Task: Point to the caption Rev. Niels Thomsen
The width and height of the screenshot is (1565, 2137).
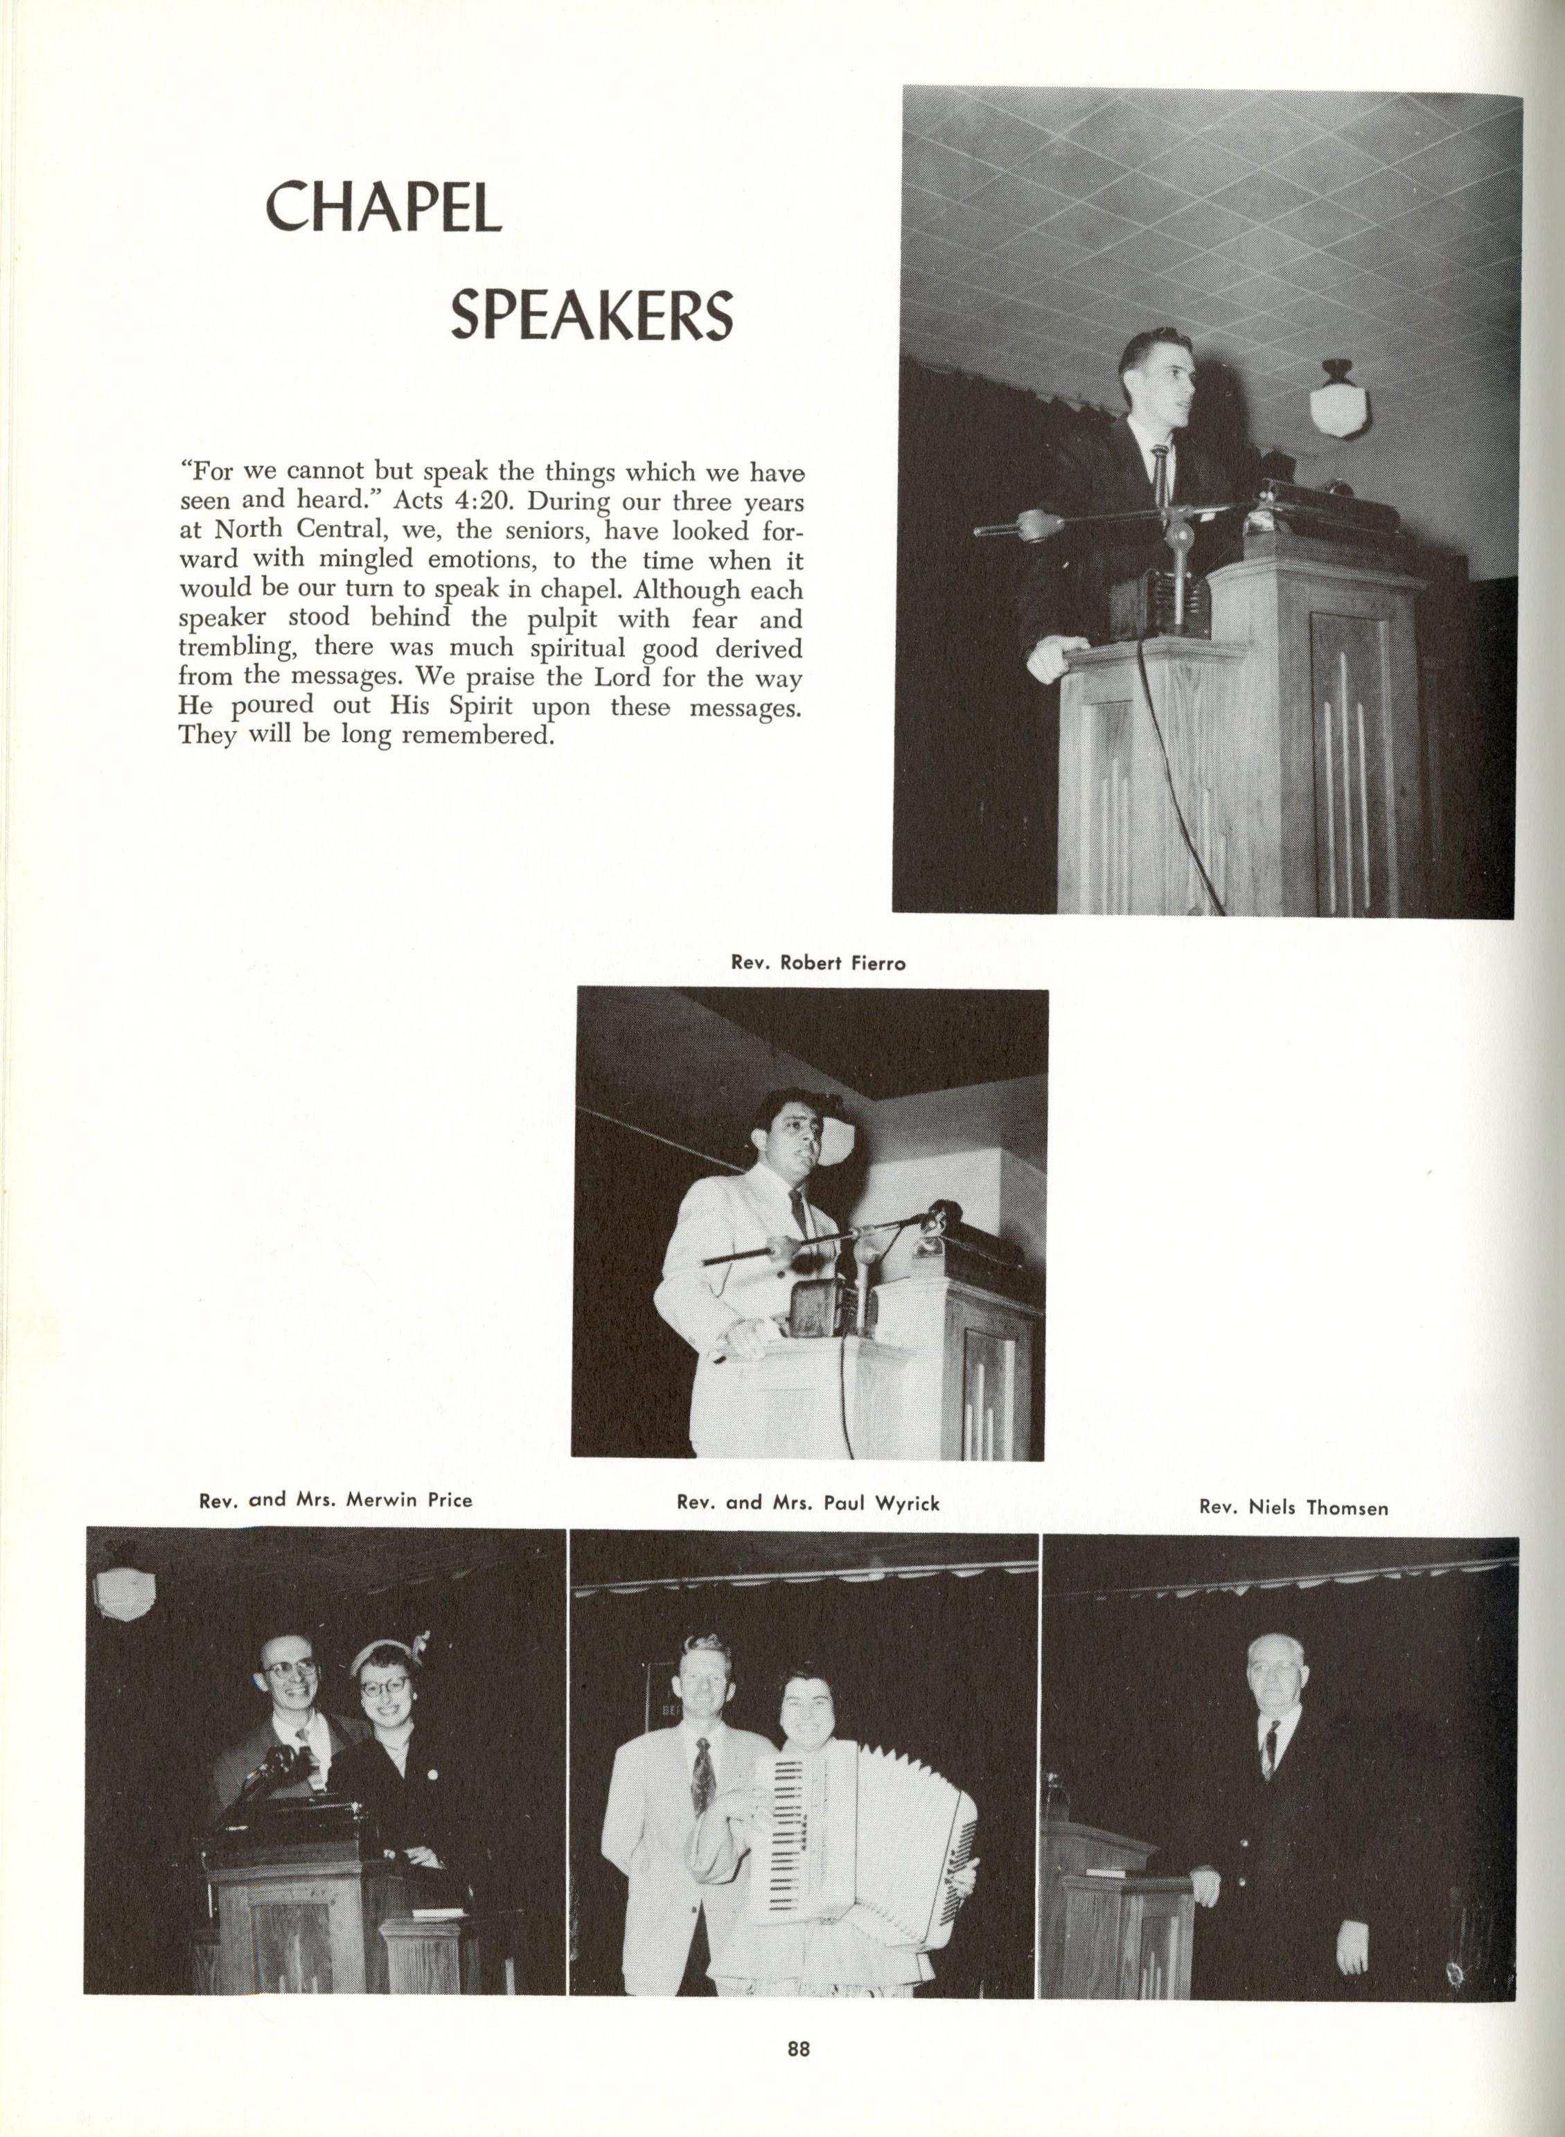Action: (1293, 1507)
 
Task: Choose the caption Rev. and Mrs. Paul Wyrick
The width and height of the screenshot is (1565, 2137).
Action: (808, 1503)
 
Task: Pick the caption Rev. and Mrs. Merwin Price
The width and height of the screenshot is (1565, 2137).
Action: (335, 1500)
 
